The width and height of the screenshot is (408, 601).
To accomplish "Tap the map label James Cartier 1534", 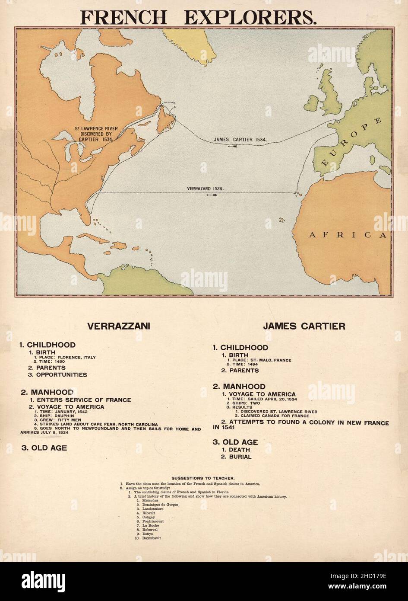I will tap(240, 140).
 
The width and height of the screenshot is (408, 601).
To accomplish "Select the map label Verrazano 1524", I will tap(205, 189).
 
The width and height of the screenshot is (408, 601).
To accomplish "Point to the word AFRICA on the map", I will tap(347, 235).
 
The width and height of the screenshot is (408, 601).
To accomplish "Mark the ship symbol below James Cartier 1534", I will tap(234, 146).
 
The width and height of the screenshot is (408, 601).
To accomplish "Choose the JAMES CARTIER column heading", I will tap(304, 326).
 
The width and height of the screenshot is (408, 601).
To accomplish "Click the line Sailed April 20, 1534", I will tap(264, 399).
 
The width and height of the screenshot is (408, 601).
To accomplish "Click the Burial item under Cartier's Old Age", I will tap(236, 457).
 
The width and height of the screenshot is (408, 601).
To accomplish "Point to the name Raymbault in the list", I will tap(152, 538).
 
